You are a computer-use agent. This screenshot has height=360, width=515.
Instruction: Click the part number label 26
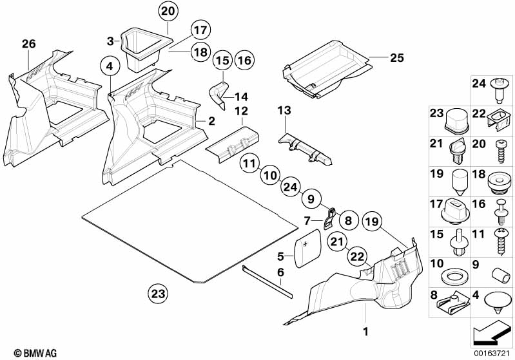pyautogui.click(x=28, y=44)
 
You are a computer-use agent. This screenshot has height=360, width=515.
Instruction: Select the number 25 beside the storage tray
pyautogui.click(x=396, y=58)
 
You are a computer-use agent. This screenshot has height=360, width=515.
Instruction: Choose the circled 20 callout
pyautogui.click(x=168, y=10)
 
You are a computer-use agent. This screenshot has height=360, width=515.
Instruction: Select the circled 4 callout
pyautogui.click(x=110, y=66)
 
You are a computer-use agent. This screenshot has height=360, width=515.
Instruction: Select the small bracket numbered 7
pyautogui.click(x=329, y=218)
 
